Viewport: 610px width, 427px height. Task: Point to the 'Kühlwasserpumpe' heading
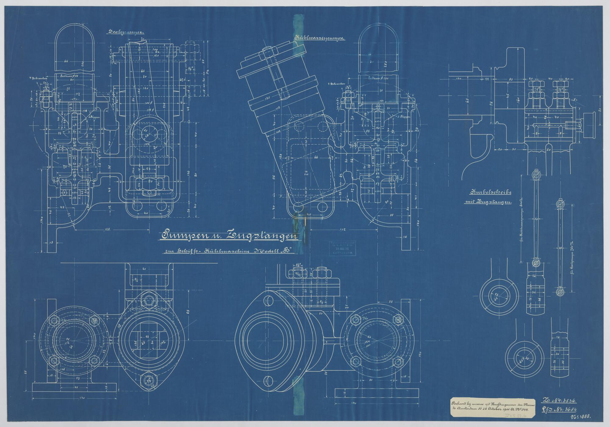pos(320,38)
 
